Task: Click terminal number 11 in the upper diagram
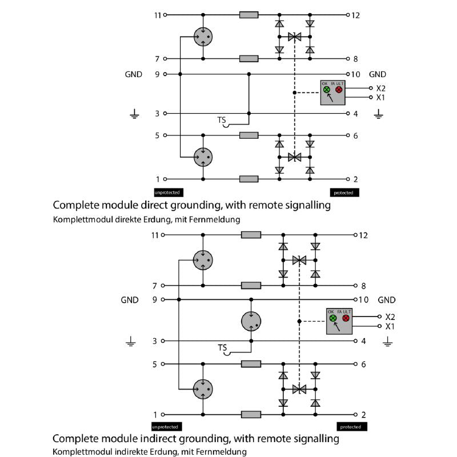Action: (158, 15)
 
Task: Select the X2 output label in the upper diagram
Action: (380, 89)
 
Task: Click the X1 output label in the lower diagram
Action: (390, 326)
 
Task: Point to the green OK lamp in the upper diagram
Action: (327, 90)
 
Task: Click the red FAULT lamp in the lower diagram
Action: (346, 318)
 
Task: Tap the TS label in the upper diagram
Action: (222, 120)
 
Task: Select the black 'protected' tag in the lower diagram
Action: (350, 427)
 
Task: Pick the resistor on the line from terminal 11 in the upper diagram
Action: (248, 15)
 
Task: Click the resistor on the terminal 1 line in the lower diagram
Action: (251, 415)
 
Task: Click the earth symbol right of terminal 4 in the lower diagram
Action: (388, 342)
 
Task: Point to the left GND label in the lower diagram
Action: (130, 299)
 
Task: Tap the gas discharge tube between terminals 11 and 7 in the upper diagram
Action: (202, 37)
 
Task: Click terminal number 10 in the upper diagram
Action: (356, 74)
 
